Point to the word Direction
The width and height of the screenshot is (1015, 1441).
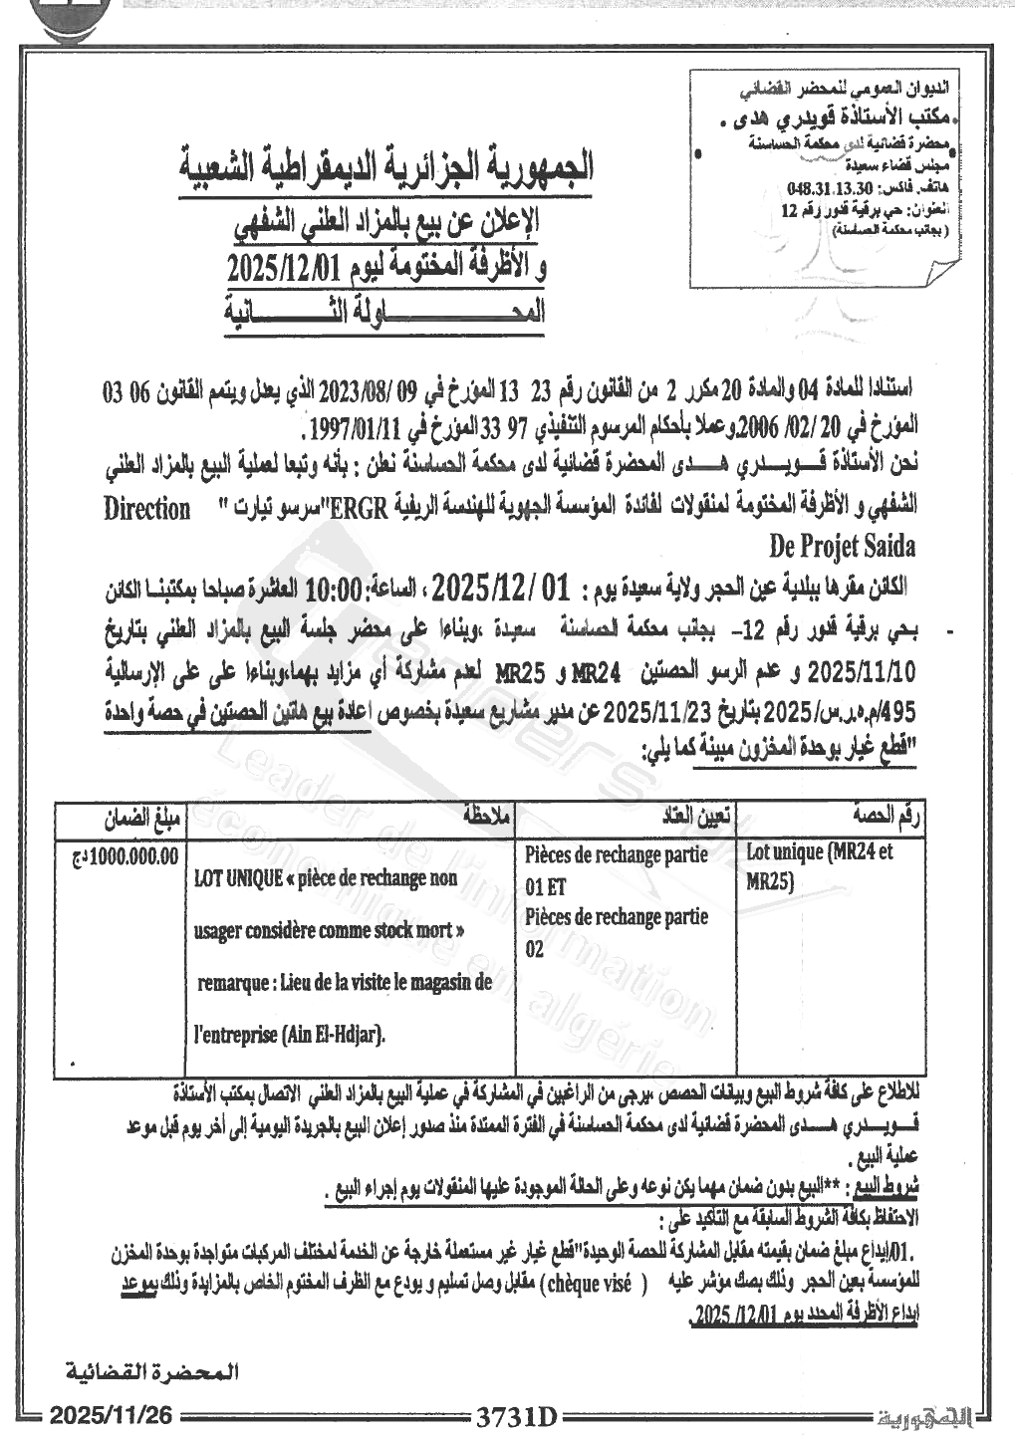pyautogui.click(x=147, y=508)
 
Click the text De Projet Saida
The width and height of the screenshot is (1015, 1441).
pyautogui.click(x=842, y=546)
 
